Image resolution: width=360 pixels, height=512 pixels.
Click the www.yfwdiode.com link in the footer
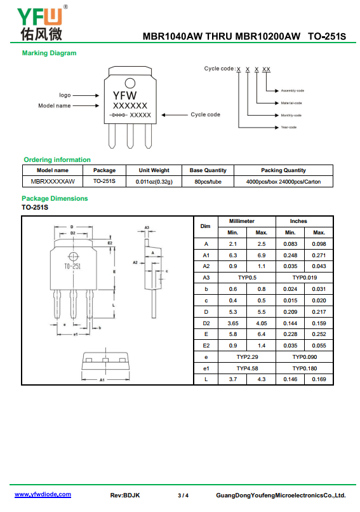pos(43,494)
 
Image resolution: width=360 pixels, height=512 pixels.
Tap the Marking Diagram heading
pos(50,53)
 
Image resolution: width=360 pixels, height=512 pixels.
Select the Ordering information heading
pos(57,159)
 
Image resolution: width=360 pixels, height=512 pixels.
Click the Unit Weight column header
pos(154,170)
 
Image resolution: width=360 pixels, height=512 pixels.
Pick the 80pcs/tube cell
pos(208,182)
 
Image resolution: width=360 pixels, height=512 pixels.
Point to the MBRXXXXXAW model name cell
pos(53,181)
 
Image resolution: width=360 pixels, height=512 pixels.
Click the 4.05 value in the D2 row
pos(262,323)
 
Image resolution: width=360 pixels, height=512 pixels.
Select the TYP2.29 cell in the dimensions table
pos(247,357)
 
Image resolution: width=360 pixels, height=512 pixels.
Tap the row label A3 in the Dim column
pos(206,278)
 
